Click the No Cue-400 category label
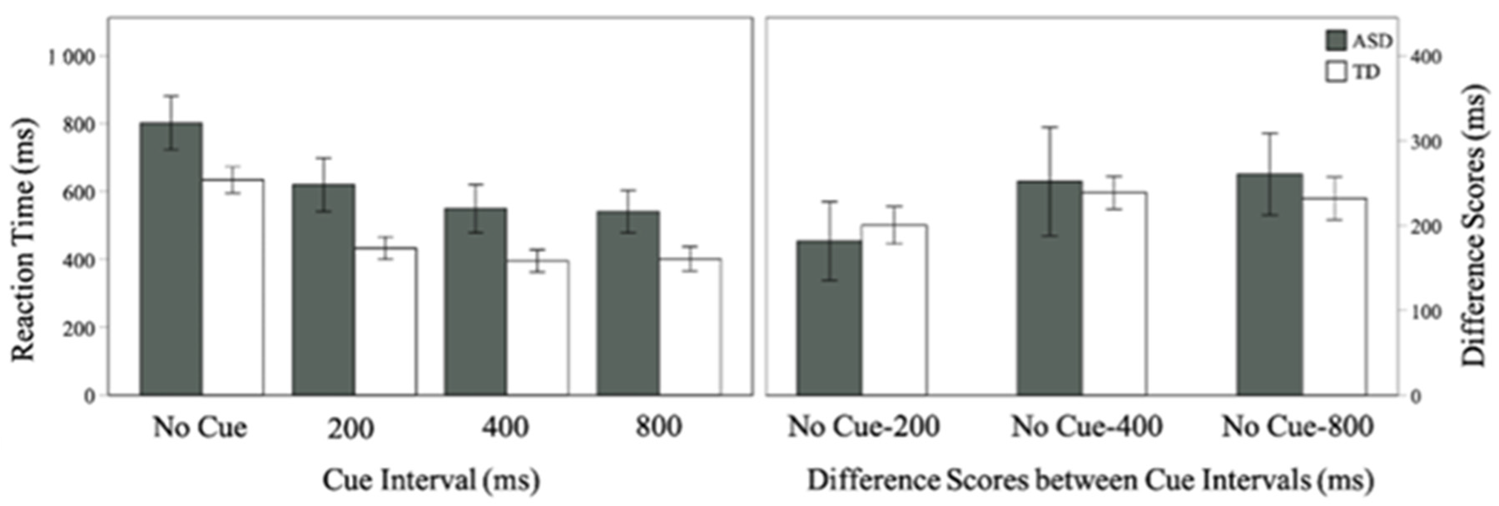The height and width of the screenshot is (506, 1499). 1087,427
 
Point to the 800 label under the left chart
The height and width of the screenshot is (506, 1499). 658,427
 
